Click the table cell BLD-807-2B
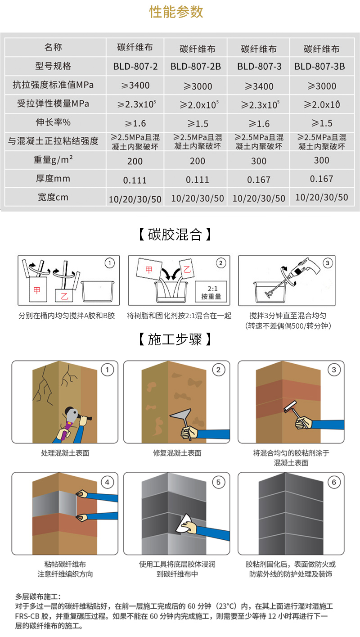click(x=195, y=66)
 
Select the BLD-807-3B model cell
click(x=319, y=66)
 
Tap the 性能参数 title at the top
click(x=176, y=12)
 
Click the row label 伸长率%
click(x=53, y=122)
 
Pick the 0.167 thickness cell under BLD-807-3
click(x=258, y=180)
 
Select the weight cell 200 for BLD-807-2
click(x=135, y=161)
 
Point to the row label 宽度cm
click(x=53, y=197)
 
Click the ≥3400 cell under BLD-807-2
click(x=135, y=86)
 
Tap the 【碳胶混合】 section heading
click(x=175, y=235)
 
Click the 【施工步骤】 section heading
click(x=175, y=339)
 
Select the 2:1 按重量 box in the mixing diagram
click(x=211, y=292)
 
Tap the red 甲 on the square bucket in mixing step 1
click(x=37, y=290)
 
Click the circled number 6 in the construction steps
click(x=334, y=482)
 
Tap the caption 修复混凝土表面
click(x=177, y=453)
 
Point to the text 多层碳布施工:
click(x=38, y=596)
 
